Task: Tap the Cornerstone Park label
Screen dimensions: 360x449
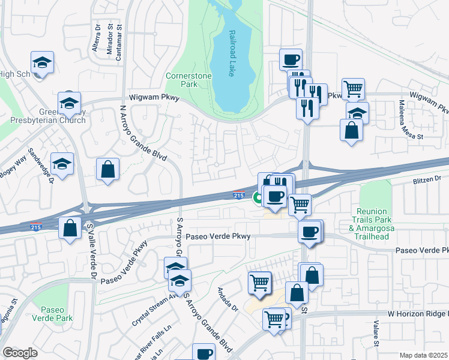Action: [181, 80]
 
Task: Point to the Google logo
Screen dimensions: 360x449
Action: [20, 353]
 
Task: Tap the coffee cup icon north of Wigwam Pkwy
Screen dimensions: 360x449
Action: [291, 60]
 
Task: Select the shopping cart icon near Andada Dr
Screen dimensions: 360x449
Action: [259, 281]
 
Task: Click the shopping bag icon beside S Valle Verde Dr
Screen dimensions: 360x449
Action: [70, 228]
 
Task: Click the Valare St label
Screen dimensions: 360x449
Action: [376, 334]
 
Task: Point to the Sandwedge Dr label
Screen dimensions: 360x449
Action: [44, 165]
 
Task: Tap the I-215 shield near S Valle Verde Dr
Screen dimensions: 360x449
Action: [36, 227]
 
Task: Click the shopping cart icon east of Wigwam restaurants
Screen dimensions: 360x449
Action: [353, 89]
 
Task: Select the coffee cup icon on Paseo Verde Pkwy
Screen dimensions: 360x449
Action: [310, 231]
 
